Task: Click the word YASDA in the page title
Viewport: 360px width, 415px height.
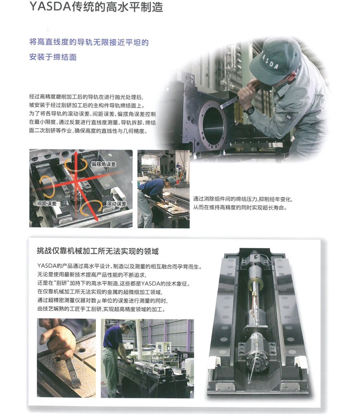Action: [x=50, y=6]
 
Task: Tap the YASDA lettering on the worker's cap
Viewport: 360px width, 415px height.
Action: [x=270, y=61]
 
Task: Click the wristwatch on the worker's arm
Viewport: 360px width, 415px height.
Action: [x=250, y=110]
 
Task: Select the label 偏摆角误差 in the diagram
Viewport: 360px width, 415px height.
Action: [x=104, y=164]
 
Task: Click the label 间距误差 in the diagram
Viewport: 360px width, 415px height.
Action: [x=47, y=203]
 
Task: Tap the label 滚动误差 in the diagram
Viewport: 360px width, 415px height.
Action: [x=116, y=203]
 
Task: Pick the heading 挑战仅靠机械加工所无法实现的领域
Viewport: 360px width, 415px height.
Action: [x=97, y=251]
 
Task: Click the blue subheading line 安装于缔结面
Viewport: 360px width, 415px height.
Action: [x=53, y=57]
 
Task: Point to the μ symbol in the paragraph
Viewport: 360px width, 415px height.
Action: [x=99, y=301]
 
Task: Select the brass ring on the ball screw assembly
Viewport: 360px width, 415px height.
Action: [x=255, y=284]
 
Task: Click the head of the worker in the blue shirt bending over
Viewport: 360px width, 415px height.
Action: [x=171, y=182]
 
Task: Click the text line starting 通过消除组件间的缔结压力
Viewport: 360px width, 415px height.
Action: [x=243, y=199]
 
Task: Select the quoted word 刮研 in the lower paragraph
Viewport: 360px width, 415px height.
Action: [x=61, y=284]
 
